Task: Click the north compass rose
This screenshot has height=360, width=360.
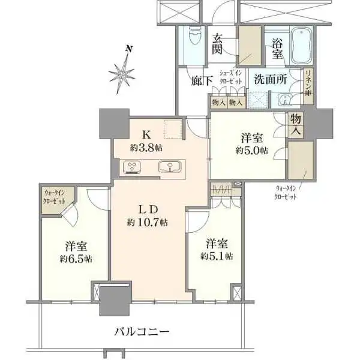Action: (x=124, y=73)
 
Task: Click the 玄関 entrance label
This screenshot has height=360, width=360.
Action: (x=218, y=43)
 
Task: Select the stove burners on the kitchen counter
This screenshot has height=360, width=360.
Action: (x=131, y=167)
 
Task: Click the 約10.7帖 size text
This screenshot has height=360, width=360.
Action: (x=147, y=222)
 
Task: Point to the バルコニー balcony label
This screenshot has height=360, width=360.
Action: (x=142, y=331)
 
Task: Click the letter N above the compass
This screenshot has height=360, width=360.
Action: (x=128, y=48)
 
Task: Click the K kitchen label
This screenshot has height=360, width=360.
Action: (x=146, y=134)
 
